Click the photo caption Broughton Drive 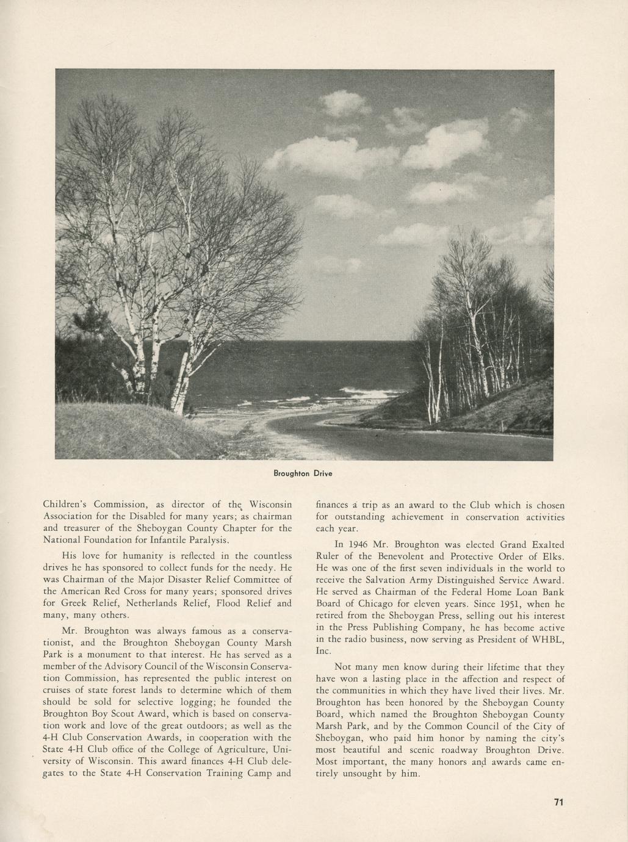[303, 473]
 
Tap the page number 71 [558, 802]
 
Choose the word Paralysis [209, 540]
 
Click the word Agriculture [238, 749]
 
